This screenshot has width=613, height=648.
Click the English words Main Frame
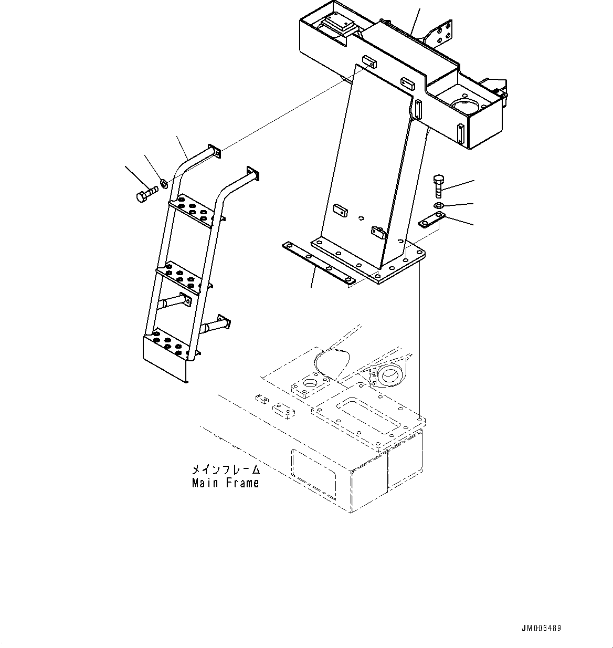(225, 483)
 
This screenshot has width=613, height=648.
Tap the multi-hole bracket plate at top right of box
(442, 35)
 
